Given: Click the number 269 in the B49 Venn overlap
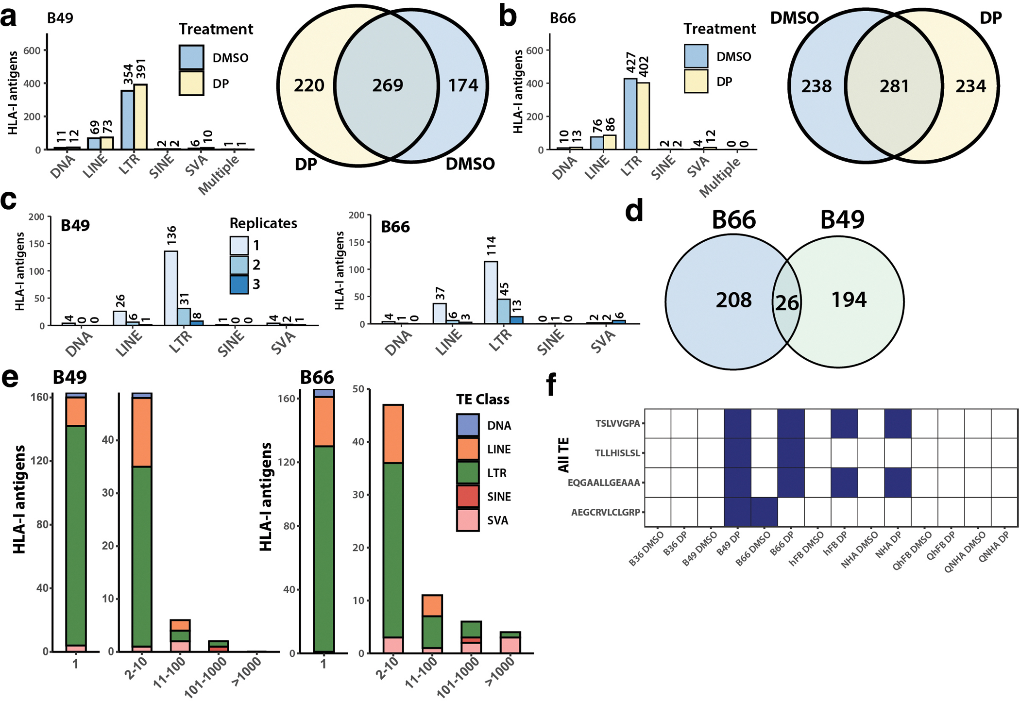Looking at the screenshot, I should click(x=388, y=85).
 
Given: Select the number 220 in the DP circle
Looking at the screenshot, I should click(x=309, y=85).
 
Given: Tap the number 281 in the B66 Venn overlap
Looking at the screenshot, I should click(x=894, y=86).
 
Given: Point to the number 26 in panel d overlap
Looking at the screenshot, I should click(x=786, y=303).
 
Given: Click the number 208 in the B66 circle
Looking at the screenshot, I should click(x=733, y=300).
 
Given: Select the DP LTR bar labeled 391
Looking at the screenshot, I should click(x=141, y=117).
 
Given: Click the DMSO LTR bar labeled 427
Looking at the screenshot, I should click(x=630, y=114).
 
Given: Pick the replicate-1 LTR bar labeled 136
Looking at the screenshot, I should click(x=171, y=288).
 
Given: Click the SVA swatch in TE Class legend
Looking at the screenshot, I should click(x=468, y=520).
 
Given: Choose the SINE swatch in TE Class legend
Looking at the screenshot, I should click(x=468, y=497).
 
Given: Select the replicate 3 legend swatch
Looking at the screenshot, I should click(x=239, y=284).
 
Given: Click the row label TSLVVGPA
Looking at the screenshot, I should click(x=618, y=423).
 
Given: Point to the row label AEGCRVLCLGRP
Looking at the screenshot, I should click(x=605, y=512).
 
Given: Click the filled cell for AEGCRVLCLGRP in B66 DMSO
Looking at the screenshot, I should click(x=764, y=512).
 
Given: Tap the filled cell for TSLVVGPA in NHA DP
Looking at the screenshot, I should click(x=898, y=423).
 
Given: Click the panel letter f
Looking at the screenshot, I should click(x=551, y=386).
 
